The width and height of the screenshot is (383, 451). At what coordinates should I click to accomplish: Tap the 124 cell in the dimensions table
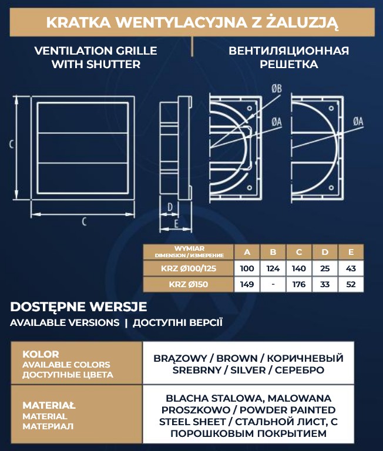pyautogui.click(x=273, y=269)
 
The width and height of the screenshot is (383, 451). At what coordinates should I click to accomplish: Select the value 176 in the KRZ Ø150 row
pyautogui.click(x=299, y=285)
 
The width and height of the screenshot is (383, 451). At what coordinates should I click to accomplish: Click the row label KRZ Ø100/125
pyautogui.click(x=188, y=269)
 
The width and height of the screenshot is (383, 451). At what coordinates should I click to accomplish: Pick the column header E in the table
pyautogui.click(x=351, y=253)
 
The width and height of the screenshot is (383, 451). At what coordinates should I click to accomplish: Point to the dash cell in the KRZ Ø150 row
pyautogui.click(x=273, y=285)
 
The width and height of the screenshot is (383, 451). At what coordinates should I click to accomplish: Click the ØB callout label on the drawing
pyautogui.click(x=277, y=89)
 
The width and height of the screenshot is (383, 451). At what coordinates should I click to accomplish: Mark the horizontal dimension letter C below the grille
pyautogui.click(x=84, y=221)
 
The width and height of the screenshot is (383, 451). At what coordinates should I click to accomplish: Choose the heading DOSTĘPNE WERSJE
pyautogui.click(x=78, y=307)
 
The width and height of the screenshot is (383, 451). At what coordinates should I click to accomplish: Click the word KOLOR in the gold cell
pyautogui.click(x=41, y=354)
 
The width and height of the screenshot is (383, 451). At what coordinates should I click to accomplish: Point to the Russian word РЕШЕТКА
pyautogui.click(x=289, y=65)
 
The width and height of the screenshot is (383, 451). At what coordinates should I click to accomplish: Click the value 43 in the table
pyautogui.click(x=351, y=269)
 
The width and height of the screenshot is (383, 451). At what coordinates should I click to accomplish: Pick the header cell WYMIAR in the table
pyautogui.click(x=189, y=248)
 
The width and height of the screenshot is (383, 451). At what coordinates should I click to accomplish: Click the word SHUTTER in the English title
pyautogui.click(x=112, y=65)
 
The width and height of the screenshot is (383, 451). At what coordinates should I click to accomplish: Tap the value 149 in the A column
pyautogui.click(x=247, y=285)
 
